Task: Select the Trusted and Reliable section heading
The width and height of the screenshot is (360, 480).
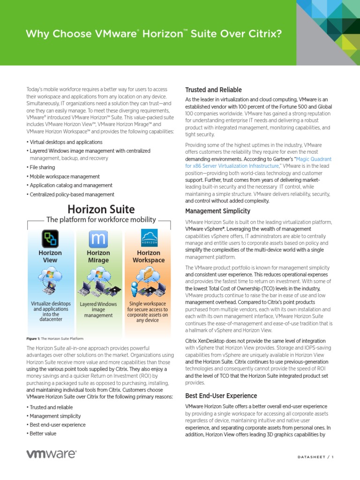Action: point(213,90)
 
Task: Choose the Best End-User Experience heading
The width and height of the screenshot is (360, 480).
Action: point(221,396)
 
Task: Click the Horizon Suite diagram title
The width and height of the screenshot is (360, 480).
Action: point(101,210)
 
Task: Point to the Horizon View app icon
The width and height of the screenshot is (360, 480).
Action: point(50,238)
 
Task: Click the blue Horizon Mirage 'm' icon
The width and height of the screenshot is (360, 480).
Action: point(98,239)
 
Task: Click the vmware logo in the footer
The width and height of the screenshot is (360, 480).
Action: point(51,454)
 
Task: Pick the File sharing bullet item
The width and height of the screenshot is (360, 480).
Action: point(42,167)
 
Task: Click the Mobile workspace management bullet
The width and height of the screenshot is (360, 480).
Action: point(65,177)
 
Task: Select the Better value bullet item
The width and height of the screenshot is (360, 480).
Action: point(43,433)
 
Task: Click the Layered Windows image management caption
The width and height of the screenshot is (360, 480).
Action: point(98,310)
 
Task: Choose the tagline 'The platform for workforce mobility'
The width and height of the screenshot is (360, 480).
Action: point(100,219)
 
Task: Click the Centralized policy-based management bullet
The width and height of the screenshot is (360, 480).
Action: point(72,195)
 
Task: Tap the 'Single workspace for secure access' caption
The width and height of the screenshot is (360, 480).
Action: point(148,312)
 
